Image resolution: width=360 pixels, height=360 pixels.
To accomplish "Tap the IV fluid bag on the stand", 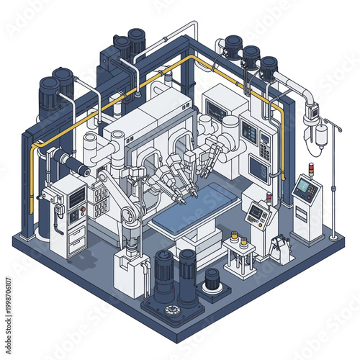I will (321, 134).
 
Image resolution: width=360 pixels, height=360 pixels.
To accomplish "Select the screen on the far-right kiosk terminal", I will (305, 189).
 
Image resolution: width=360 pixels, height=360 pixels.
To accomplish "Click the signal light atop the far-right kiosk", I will (311, 169).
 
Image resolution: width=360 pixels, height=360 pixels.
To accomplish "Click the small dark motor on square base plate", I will (212, 279).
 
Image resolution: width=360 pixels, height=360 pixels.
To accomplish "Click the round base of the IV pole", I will (332, 236).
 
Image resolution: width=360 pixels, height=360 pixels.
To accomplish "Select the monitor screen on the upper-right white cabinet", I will (215, 109).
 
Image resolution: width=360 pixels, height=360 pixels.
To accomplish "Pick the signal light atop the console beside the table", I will (268, 197).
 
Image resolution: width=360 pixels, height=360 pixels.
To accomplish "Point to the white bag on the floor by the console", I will (282, 251).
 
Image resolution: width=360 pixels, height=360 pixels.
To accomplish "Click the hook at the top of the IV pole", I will (328, 121).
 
